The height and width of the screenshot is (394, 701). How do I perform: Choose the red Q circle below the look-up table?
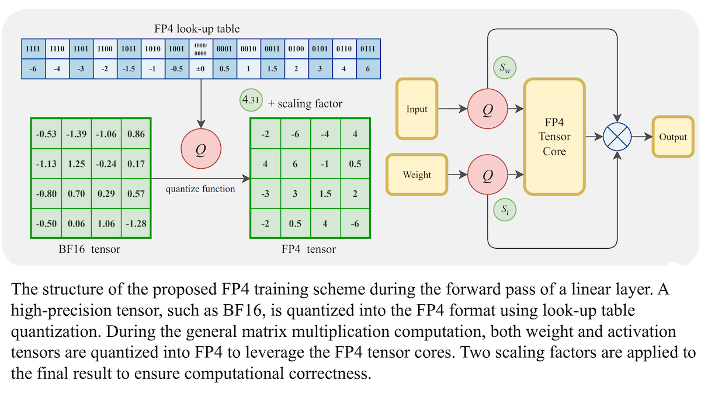click(201, 149)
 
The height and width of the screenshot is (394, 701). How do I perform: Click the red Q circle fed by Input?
click(487, 109)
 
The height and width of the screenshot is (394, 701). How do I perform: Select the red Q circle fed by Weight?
click(487, 175)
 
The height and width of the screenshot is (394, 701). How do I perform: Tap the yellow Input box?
click(417, 109)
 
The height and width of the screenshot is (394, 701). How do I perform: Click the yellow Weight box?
click(417, 175)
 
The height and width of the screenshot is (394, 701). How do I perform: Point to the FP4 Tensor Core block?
click(554, 137)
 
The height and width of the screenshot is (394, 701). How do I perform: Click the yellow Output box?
click(673, 138)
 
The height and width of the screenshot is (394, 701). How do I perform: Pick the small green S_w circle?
click(503, 69)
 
